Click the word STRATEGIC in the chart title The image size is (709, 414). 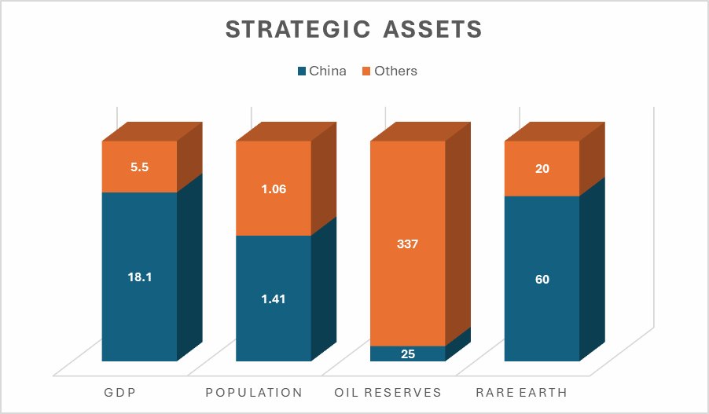click(298, 29)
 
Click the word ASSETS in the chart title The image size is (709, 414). click(433, 29)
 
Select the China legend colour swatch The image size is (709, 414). click(302, 71)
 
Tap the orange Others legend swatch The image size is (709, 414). click(366, 71)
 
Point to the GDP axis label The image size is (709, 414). click(119, 392)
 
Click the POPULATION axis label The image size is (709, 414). click(254, 392)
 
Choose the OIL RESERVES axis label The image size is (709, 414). click(388, 392)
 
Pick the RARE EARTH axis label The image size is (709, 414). click(521, 392)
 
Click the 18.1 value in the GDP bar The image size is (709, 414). click(140, 277)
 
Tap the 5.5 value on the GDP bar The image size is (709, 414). click(140, 167)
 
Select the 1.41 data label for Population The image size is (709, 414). click(274, 299)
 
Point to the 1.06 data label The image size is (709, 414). click(274, 189)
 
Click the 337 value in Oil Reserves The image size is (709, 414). click(407, 244)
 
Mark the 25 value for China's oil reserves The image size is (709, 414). click(408, 354)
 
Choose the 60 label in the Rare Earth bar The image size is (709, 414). click(542, 280)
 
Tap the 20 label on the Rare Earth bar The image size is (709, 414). click(542, 169)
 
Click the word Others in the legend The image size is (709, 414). click(395, 71)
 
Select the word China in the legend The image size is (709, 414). click(328, 71)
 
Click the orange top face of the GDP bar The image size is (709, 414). click(152, 131)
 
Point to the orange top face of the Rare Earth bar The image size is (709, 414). click(555, 131)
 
